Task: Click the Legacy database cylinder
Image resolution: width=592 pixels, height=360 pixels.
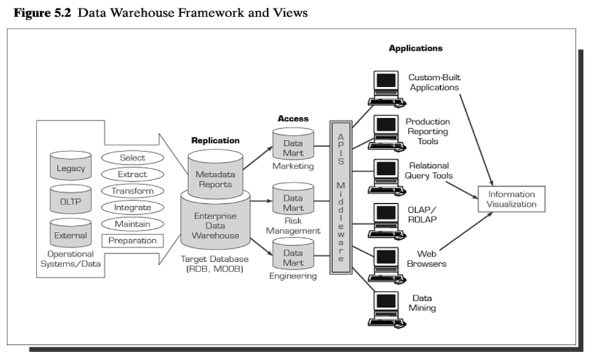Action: (x=71, y=167)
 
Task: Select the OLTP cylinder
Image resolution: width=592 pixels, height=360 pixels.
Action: (x=71, y=201)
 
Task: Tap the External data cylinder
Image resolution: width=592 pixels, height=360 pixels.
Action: (x=71, y=234)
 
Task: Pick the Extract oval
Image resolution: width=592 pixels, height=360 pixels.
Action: (x=132, y=175)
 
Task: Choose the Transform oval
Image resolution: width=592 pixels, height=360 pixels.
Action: (x=132, y=191)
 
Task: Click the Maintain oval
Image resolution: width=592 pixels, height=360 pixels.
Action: (x=132, y=224)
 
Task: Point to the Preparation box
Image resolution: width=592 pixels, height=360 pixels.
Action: (x=132, y=240)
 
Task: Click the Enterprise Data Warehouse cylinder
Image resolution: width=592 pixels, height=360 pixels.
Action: (x=215, y=225)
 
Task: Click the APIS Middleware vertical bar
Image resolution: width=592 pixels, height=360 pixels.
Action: (x=341, y=201)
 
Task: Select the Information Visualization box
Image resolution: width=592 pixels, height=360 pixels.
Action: (x=510, y=199)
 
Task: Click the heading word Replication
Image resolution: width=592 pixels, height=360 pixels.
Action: (x=215, y=140)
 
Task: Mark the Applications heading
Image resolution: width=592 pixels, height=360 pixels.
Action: (x=415, y=48)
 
